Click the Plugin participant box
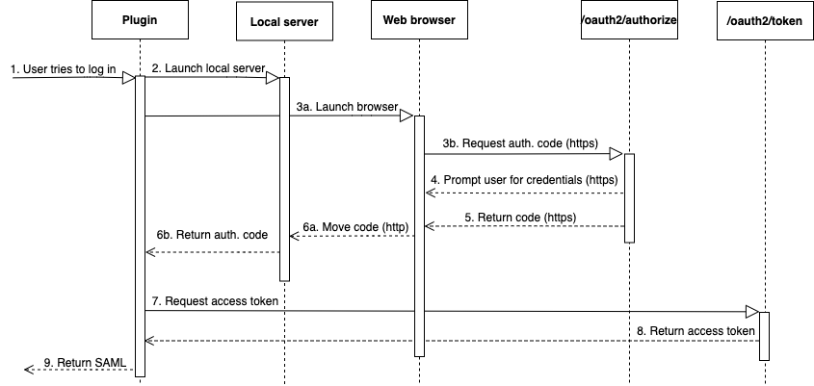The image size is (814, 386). pos(141,20)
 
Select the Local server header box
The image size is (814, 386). pos(284,20)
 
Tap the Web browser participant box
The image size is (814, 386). pos(419,20)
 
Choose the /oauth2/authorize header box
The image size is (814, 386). pos(628,20)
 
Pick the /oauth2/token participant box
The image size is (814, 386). pos(763,20)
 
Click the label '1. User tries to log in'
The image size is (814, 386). pos(64,69)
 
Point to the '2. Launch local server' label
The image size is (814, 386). pos(208,68)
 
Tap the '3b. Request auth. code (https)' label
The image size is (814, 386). pos(518,142)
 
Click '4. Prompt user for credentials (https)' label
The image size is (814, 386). pos(524,179)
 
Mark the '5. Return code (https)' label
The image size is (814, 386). pos(520,218)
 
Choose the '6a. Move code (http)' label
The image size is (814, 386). pos(354,226)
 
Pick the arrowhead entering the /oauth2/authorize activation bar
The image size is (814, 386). pos(617,152)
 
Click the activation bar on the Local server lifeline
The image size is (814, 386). pos(284,178)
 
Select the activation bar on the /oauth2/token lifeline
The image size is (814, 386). pos(764,335)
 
